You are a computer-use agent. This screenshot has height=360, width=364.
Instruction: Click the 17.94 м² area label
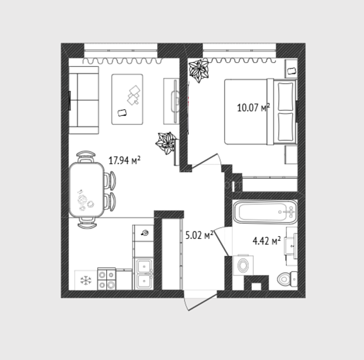pos(124,160)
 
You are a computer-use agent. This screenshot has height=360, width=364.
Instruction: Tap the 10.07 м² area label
pos(253,108)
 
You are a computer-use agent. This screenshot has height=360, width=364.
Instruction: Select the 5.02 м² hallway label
pos(200,235)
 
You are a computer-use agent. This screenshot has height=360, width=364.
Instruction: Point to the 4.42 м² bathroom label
pos(266,241)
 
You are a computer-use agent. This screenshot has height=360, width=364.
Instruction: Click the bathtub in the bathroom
pos(265,212)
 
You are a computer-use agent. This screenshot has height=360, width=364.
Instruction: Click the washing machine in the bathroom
pos(243,265)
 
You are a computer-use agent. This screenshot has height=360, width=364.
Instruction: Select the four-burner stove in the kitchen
pos(107,279)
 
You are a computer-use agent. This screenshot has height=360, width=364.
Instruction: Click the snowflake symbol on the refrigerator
pos(86,280)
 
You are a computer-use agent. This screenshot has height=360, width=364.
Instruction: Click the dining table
pos(86,190)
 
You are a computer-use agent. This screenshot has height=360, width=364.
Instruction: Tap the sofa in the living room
pos(84,100)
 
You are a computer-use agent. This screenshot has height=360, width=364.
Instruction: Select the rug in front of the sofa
pos(127,99)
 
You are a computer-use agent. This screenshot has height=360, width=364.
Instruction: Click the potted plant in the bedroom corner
pos(199,70)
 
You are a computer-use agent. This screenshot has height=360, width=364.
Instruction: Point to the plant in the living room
pos(165,142)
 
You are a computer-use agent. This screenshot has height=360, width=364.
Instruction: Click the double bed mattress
pos(246,112)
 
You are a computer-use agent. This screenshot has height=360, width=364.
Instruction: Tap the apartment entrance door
pos(200,301)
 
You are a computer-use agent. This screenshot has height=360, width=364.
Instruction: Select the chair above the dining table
pos(86,156)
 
